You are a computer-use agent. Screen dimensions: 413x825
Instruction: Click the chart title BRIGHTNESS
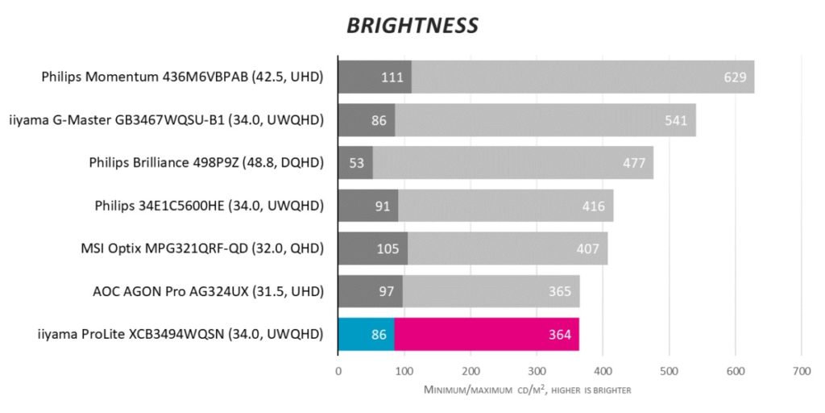coord(412,26)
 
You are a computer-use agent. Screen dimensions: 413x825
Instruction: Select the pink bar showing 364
coord(487,334)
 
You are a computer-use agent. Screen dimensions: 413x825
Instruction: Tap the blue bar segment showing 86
coord(367,334)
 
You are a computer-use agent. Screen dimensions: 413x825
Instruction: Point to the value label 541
coord(677,120)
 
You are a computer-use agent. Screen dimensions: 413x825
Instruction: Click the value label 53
coord(357,163)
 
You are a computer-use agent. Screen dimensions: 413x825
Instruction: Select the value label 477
coord(634,163)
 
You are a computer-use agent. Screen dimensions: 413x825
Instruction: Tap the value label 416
coord(594,206)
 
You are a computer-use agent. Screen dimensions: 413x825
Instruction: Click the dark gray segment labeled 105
coord(373,248)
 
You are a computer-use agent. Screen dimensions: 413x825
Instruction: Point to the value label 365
coord(560,291)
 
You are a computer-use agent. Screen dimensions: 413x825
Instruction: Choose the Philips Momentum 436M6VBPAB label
coord(182,77)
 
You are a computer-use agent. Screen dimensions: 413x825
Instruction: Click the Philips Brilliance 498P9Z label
coord(206,163)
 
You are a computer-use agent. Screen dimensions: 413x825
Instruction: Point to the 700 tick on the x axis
coord(801,372)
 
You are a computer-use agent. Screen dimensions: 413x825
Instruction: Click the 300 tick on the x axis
coord(537,372)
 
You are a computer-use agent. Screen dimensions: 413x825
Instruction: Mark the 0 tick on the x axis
coord(338,372)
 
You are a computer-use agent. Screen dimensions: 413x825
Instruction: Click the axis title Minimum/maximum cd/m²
coord(527,390)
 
